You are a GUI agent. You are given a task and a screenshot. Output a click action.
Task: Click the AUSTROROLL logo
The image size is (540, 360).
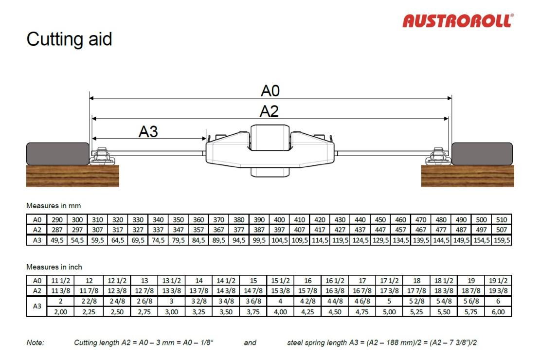[458, 20]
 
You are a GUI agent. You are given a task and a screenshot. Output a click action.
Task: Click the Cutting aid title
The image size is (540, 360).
[69, 39]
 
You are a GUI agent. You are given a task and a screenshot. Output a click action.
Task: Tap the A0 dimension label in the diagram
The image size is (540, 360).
[270, 91]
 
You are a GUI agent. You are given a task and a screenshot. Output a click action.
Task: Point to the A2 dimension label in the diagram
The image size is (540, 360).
[269, 111]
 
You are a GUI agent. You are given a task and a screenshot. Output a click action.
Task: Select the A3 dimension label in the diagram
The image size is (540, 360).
[148, 132]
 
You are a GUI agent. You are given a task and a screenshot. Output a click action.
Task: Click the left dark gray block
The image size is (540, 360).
[58, 154]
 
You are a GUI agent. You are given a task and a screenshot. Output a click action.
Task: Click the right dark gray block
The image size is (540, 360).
[482, 154]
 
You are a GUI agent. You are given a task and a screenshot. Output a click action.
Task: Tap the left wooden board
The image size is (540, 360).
[72, 176]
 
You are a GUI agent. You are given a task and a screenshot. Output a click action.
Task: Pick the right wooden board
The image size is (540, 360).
[468, 176]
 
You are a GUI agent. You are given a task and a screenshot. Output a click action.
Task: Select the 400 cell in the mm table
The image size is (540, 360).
[279, 220]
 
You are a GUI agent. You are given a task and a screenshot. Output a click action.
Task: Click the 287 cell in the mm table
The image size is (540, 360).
[57, 230]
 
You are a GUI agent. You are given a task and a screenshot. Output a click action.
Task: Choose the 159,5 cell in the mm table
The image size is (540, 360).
[502, 240]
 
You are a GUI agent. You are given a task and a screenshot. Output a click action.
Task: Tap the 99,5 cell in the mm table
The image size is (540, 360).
[259, 240]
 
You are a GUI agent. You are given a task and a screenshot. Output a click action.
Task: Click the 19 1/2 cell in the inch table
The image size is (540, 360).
[498, 281]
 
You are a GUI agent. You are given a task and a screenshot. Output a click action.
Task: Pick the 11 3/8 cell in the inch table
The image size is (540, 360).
[61, 291]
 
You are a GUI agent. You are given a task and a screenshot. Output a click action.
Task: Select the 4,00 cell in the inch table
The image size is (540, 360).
[280, 312]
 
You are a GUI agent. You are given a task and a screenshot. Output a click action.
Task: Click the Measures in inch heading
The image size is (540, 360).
[54, 267]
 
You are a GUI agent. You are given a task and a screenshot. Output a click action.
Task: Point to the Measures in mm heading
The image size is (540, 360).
[54, 206]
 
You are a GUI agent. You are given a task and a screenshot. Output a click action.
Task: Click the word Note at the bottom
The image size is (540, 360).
[35, 342]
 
